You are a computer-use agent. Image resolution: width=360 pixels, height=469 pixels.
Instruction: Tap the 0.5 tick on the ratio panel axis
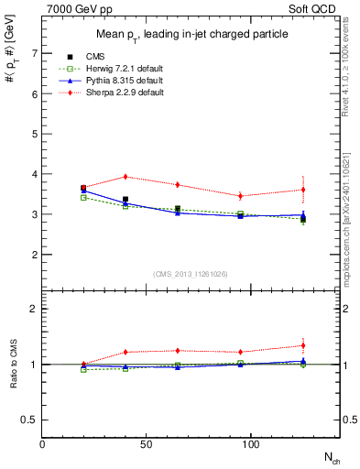pos(30,420)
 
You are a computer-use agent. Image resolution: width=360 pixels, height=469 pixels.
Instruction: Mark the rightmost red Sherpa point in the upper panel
pos(303,190)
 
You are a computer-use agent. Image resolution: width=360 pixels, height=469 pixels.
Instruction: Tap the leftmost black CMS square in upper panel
pos(83,188)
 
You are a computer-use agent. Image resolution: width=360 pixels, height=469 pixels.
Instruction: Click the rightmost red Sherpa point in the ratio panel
pos(303,345)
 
